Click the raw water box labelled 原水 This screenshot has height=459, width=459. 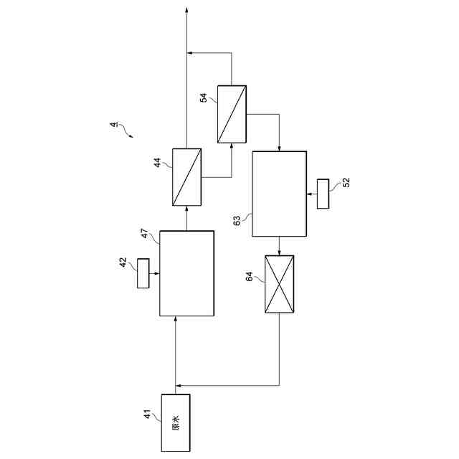coord(176,423)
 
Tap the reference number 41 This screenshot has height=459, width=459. coord(148,415)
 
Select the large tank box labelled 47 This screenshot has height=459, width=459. coord(186,273)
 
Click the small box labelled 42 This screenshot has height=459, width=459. coord(144,273)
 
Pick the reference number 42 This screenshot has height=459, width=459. coord(123,262)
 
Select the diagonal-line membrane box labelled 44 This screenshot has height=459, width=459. coord(186,176)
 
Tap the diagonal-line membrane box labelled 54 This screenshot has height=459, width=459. coord(232,113)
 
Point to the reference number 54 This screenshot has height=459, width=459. coord(204,98)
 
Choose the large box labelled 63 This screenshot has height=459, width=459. coord(279,194)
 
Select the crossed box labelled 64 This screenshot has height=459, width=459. coord(279,284)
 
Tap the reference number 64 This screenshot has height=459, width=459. coord(250,276)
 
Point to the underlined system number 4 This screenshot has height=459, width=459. coord(113,126)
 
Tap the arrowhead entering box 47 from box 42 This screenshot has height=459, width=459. coord(157,273)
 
